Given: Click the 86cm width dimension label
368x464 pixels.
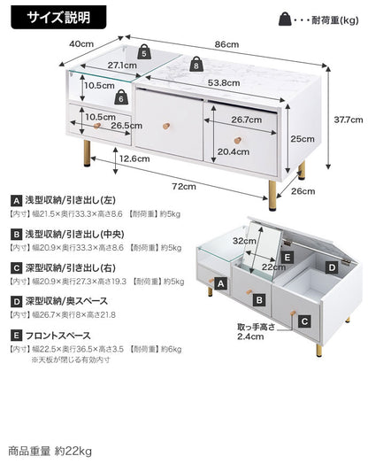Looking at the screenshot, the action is [x=226, y=44].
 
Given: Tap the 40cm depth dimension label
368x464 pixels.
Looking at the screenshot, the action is [x=81, y=43].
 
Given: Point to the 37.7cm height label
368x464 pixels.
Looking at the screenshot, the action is [x=349, y=120].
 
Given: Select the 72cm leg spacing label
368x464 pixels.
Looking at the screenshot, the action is [x=184, y=187].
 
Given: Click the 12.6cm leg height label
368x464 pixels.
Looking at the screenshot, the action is [x=134, y=159].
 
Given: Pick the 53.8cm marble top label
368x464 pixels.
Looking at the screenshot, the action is [x=224, y=83].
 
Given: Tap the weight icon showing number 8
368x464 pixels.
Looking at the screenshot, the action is [x=196, y=64].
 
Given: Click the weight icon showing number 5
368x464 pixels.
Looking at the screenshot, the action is [x=144, y=51].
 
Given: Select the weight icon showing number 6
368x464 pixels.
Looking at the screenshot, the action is [x=121, y=97].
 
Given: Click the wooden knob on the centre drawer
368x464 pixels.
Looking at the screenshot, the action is [x=166, y=126].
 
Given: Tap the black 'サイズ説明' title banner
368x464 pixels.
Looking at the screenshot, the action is [x=58, y=17].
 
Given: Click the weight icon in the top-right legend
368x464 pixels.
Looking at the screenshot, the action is [x=285, y=19].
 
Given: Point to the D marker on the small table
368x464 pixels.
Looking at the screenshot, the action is [x=332, y=267].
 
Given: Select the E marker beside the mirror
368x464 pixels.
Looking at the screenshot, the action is [x=287, y=257].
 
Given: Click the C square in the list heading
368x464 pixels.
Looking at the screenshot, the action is [x=16, y=268].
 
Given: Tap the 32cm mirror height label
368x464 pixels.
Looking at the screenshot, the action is [x=244, y=241].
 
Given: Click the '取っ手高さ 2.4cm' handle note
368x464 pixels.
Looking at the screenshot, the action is [x=256, y=332].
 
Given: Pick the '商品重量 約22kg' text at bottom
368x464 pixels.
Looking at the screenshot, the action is [x=50, y=452].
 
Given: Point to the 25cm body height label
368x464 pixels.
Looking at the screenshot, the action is [x=303, y=139].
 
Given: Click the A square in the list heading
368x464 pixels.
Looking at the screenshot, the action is [x=16, y=201].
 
